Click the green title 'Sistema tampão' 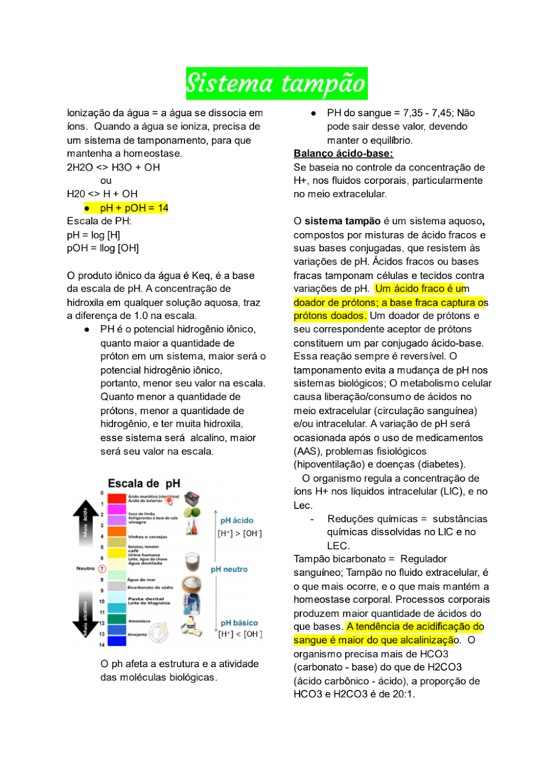(276, 84)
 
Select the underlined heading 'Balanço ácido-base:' (343, 153)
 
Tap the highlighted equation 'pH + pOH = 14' (134, 208)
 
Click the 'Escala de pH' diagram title (144, 483)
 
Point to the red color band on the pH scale (117, 498)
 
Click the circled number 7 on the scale (102, 569)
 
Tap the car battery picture (192, 498)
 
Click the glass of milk (192, 561)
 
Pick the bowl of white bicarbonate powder (192, 584)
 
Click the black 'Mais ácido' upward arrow (85, 523)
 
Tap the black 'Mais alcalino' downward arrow (85, 617)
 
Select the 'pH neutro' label (229, 569)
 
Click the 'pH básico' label (239, 623)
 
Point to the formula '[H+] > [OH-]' (240, 533)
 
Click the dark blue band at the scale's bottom (117, 641)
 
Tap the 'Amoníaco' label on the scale (139, 621)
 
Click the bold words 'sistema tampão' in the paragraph (342, 221)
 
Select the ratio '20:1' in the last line (403, 694)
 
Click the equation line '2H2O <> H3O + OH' (114, 167)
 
